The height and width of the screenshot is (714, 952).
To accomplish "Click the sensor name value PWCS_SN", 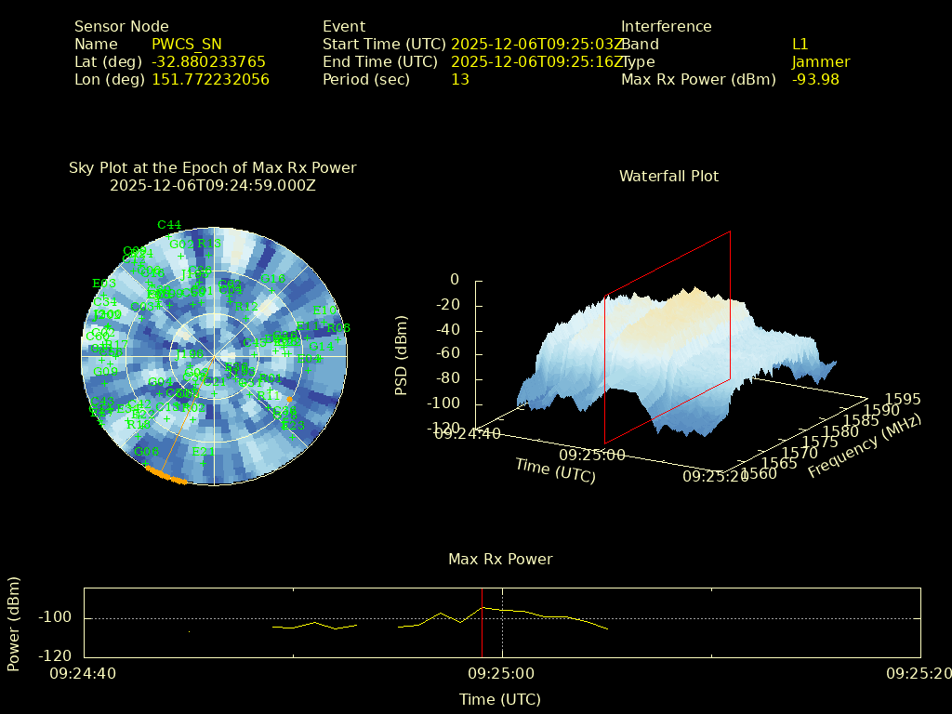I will (x=187, y=44).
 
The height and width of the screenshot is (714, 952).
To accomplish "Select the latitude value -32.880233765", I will (x=208, y=61).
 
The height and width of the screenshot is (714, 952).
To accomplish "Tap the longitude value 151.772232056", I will (x=210, y=79).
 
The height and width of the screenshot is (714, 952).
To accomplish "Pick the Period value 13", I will (x=460, y=79).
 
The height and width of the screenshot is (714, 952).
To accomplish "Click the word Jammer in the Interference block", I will (x=821, y=61).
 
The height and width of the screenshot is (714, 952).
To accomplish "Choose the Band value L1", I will (x=800, y=44).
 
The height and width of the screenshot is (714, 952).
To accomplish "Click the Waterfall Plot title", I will (x=668, y=176).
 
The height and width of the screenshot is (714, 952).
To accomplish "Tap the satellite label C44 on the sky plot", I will (x=169, y=225).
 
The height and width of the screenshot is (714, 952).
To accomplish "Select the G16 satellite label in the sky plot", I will (x=273, y=279).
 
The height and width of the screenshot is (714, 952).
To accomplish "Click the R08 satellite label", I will (x=337, y=328).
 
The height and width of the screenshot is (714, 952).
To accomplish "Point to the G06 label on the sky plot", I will (x=146, y=452).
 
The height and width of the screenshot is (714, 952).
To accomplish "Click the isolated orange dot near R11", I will (x=289, y=400).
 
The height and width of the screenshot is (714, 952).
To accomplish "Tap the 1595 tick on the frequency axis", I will (x=904, y=399).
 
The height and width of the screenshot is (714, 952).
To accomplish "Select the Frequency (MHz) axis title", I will (x=864, y=447).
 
